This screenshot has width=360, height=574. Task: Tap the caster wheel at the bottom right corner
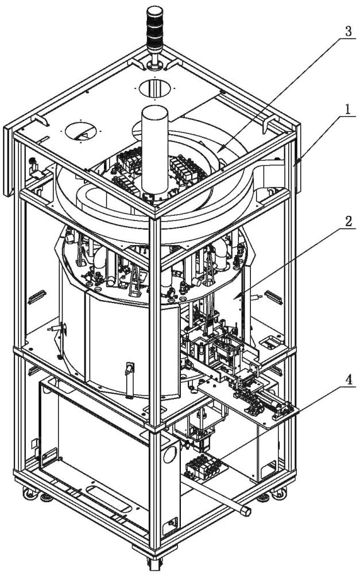[x=280, y=492]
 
